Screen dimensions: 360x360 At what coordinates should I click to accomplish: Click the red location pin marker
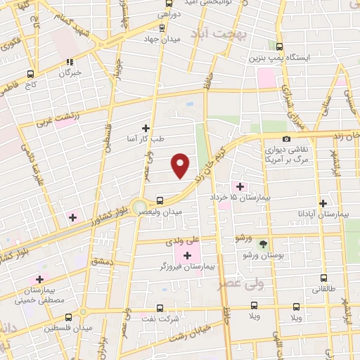pyautogui.click(x=181, y=165)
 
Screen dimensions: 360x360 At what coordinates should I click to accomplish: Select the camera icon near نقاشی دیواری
pyautogui.click(x=286, y=139)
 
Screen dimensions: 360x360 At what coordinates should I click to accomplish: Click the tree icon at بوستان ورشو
pyautogui.click(x=263, y=245)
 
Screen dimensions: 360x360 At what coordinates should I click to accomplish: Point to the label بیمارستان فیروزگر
pyautogui.click(x=187, y=267)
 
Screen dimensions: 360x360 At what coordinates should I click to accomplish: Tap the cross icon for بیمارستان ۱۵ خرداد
pyautogui.click(x=240, y=186)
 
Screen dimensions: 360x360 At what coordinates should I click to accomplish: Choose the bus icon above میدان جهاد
pyautogui.click(x=162, y=28)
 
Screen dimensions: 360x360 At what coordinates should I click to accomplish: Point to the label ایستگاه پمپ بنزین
pyautogui.click(x=281, y=58)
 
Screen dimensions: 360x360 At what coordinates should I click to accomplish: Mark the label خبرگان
pyautogui.click(x=70, y=72)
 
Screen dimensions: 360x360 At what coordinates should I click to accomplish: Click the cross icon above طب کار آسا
pyautogui.click(x=146, y=128)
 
